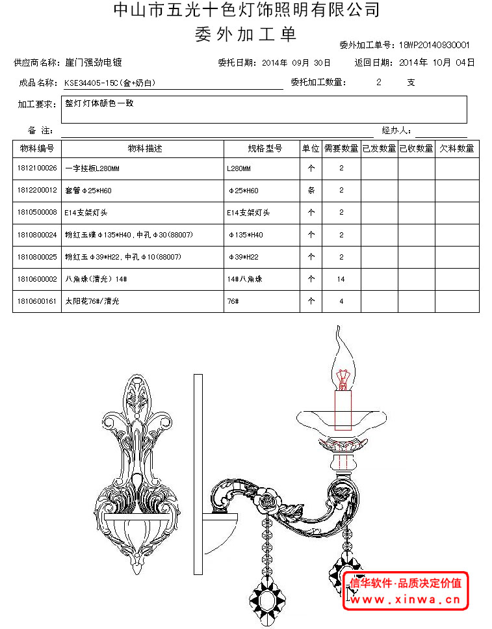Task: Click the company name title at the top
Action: [x=246, y=10]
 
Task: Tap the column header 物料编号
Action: [x=37, y=148]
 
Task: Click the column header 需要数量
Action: [x=341, y=148]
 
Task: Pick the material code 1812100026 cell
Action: [x=37, y=168]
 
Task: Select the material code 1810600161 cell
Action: [x=37, y=301]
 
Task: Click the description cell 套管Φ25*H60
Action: [x=88, y=191]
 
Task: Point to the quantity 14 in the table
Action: [x=341, y=279]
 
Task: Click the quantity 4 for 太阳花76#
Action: [x=341, y=301]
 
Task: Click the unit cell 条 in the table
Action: [x=311, y=191]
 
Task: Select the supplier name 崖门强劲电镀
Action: [x=94, y=63]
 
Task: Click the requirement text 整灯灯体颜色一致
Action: [x=99, y=103]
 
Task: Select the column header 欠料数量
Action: [x=456, y=148]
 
